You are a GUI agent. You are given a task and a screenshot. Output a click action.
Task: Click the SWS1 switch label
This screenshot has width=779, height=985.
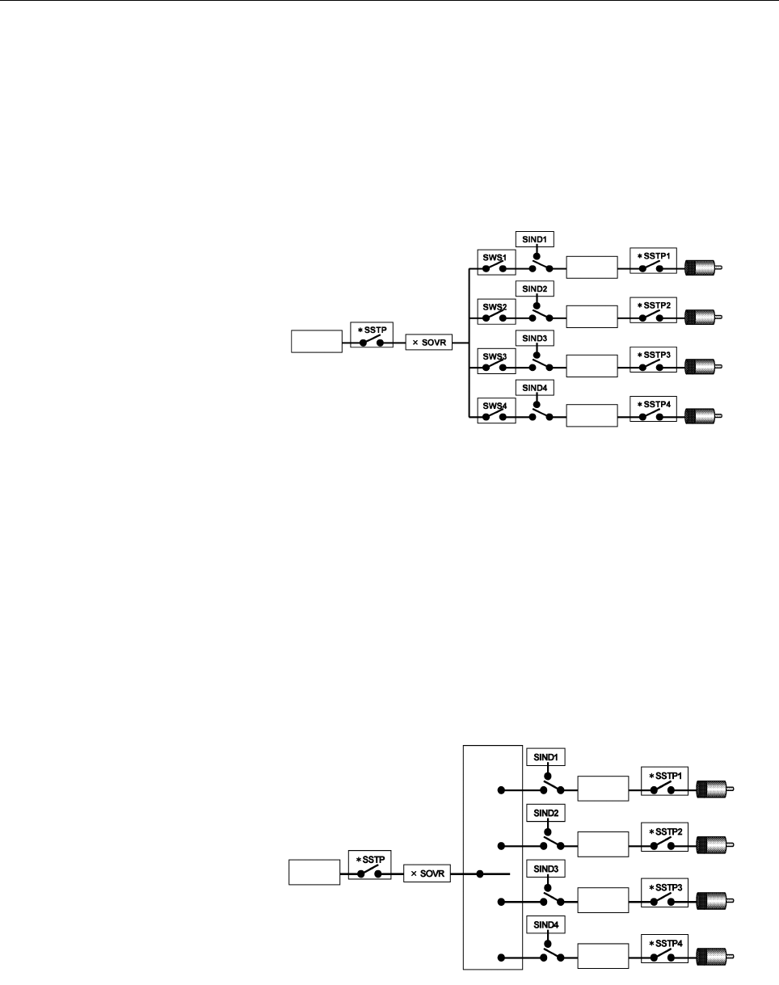[495, 258]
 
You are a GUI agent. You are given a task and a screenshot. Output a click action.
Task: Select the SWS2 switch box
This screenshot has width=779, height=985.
[497, 312]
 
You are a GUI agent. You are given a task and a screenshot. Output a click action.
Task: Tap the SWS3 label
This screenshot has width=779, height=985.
[495, 356]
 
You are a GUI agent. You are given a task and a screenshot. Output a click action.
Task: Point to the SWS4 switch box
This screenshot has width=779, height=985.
[497, 410]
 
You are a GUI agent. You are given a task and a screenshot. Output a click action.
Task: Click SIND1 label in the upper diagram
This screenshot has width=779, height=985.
[535, 239]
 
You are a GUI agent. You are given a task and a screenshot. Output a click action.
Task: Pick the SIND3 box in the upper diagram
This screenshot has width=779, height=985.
[535, 339]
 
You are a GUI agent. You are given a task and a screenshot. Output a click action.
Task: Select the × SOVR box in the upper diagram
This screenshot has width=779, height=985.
[429, 343]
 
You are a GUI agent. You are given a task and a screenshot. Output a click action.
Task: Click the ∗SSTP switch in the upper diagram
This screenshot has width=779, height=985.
[372, 335]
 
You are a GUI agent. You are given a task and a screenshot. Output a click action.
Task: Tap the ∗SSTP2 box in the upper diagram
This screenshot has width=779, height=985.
[653, 310]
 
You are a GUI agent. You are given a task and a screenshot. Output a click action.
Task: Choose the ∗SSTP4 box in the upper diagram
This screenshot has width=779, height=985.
[653, 409]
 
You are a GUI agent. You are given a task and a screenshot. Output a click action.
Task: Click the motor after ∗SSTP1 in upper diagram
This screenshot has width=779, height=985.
[703, 267]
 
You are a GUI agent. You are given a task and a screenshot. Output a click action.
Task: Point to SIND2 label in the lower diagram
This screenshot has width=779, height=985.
[545, 814]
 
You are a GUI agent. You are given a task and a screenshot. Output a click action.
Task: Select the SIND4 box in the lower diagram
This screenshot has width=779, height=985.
[545, 925]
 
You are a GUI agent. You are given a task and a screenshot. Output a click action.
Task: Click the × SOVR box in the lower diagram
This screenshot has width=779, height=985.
[427, 873]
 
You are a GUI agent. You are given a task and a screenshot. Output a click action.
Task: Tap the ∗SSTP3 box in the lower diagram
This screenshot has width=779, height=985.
[664, 893]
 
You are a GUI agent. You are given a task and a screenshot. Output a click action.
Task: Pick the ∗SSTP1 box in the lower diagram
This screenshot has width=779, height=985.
[664, 781]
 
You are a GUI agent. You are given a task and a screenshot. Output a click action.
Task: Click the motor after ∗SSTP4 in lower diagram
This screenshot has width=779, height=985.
[715, 957]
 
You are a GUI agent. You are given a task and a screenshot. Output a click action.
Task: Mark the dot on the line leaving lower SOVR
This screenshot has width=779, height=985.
[480, 874]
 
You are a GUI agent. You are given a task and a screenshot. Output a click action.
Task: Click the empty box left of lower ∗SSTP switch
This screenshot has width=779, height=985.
[314, 873]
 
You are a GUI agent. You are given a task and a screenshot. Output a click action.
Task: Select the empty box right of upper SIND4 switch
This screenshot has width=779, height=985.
[592, 415]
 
